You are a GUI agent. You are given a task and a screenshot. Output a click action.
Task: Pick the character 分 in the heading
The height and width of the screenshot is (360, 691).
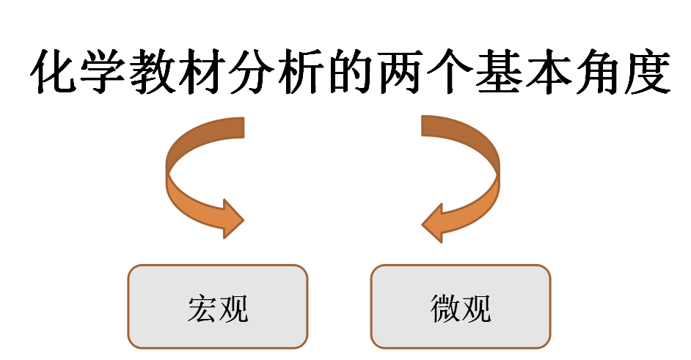click(252, 74)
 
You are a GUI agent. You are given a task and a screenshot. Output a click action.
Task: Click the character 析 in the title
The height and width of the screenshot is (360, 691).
click(301, 74)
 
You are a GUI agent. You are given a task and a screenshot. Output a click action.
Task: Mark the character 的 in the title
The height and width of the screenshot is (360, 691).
click(351, 74)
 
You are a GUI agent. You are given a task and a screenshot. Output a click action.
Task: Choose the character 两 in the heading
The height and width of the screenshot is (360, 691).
click(400, 74)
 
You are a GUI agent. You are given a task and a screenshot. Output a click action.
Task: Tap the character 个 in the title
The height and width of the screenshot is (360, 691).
click(449, 74)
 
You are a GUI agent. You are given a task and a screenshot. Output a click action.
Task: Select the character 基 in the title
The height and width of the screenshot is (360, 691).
click(498, 74)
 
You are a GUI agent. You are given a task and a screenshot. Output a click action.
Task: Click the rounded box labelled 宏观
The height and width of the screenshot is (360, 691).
click(218, 306)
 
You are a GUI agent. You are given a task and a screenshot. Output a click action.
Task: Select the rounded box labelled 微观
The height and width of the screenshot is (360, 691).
click(460, 306)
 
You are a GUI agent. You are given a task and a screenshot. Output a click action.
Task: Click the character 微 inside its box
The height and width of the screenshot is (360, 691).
click(445, 309)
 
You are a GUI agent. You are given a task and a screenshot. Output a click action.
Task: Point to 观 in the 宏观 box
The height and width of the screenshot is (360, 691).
click(234, 309)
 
